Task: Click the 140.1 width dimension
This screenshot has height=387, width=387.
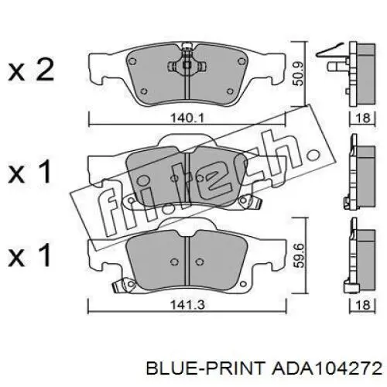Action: tap(187, 118)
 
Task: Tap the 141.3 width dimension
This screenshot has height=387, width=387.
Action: tap(187, 305)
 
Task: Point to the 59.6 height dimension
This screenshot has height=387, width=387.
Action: tap(300, 256)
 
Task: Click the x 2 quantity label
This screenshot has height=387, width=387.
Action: tap(31, 70)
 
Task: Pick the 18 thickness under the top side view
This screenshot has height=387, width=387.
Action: tap(363, 118)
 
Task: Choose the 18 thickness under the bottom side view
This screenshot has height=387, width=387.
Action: tap(363, 305)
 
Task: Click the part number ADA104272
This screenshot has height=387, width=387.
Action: tap(326, 368)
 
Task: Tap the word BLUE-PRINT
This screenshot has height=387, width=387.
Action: tap(206, 368)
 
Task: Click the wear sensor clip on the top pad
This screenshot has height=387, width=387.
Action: tap(187, 61)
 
